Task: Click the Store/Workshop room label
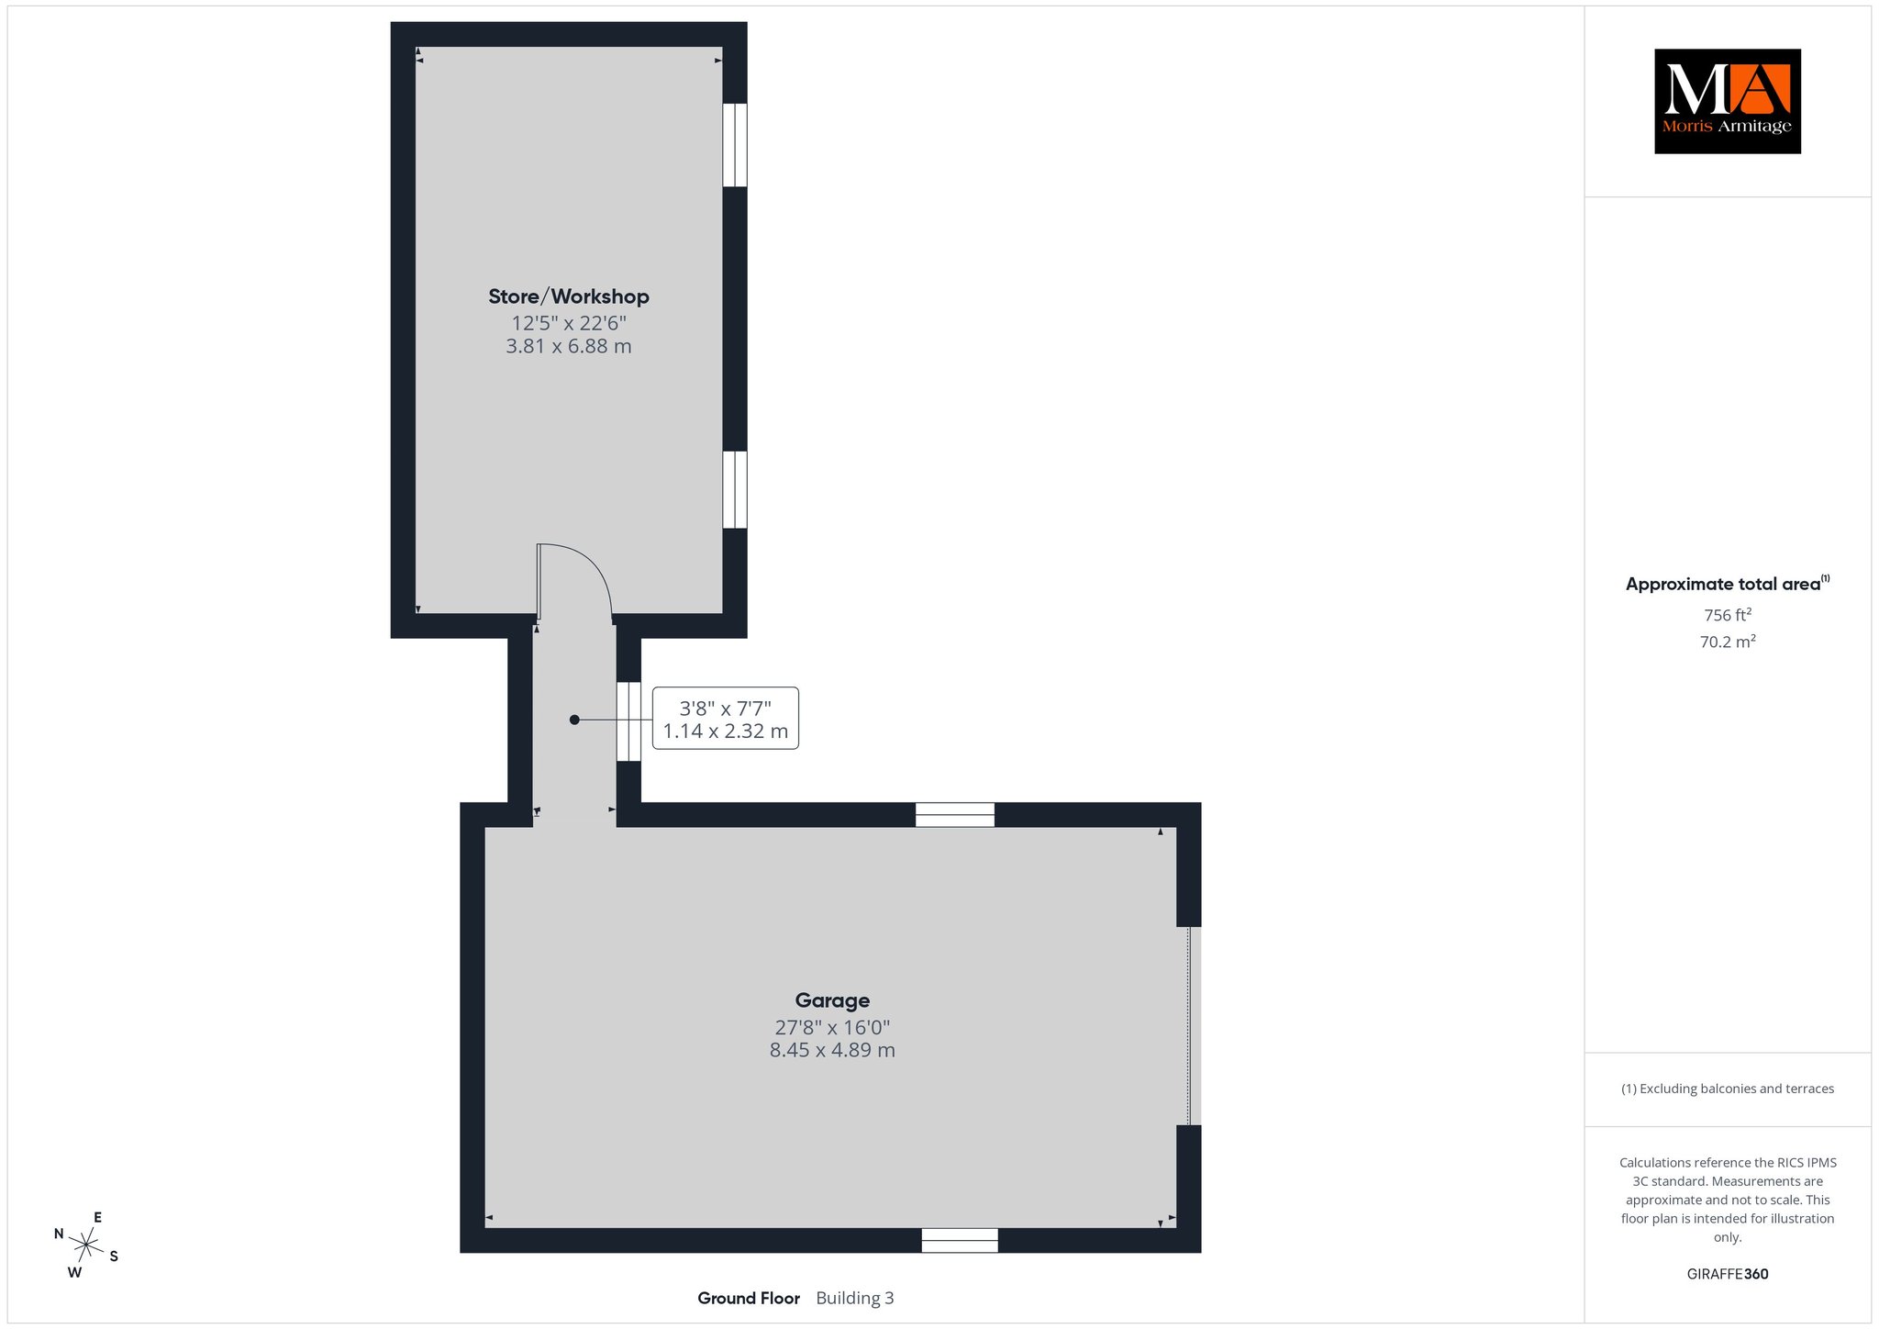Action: coord(569,296)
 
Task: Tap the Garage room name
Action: coord(832,1000)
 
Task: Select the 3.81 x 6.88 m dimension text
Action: coord(569,346)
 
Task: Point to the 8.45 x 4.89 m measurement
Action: coord(832,1050)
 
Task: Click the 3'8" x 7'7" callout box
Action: coord(725,719)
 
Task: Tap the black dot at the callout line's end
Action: coord(574,720)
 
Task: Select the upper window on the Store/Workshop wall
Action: coord(735,145)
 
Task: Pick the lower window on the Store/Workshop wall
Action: coord(735,489)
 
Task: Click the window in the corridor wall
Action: coord(628,721)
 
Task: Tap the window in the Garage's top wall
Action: coord(955,815)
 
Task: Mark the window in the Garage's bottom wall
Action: coord(960,1240)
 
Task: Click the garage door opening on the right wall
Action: coord(1189,1026)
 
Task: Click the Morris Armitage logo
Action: coord(1728,101)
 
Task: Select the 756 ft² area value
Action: coord(1728,615)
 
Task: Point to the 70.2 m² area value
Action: coord(1728,642)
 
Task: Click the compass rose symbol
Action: coord(86,1245)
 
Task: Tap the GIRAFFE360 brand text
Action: coord(1728,1274)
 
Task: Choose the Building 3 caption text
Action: coord(855,1298)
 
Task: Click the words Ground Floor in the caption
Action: coord(749,1298)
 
